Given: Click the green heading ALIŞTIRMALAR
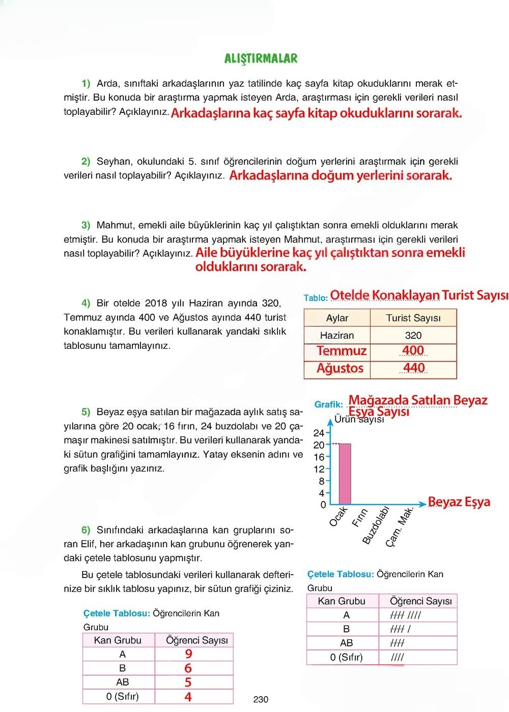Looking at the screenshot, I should pos(261,58).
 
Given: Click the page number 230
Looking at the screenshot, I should pos(261,699).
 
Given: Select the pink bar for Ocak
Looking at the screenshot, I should pos(345,473).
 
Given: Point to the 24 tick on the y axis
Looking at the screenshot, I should pos(319,433).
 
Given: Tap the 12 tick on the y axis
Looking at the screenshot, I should pos(319,469).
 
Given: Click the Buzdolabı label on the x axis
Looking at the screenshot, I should pos(376,525).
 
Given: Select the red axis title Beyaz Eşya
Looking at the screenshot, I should pos(459,502).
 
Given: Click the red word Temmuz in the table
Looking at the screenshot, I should pos(342,351).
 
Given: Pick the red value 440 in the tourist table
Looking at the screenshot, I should pos(413,368).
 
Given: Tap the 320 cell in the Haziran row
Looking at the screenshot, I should pos(413,335).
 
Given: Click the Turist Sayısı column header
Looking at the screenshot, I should pos(413,318).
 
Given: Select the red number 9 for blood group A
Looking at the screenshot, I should pos(188,654).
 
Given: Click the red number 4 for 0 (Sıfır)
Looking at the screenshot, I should pos(188,697).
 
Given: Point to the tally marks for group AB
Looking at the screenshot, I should pos(398,643).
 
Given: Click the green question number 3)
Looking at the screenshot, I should pos(86,225).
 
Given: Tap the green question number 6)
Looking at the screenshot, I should pos(86,530).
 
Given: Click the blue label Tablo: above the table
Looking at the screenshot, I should pos(316,298).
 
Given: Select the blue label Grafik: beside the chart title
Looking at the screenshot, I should pos(328,404).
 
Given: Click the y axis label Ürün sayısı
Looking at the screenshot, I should pos(359,420).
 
